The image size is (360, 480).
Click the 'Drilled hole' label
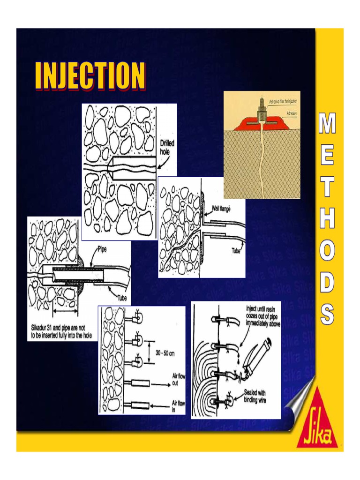click(x=167, y=148)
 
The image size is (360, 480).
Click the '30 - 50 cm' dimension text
click(x=165, y=353)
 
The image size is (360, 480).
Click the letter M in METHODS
click(x=327, y=124)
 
